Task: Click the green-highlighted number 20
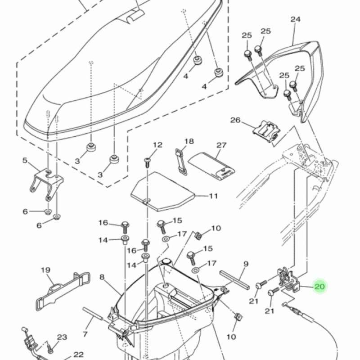(x=319, y=287)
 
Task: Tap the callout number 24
(x=295, y=19)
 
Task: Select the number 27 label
(x=221, y=145)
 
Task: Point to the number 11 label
(x=213, y=196)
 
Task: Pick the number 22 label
(x=78, y=354)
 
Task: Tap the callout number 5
(x=25, y=160)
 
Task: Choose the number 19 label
(x=45, y=270)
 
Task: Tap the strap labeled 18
(x=181, y=160)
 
